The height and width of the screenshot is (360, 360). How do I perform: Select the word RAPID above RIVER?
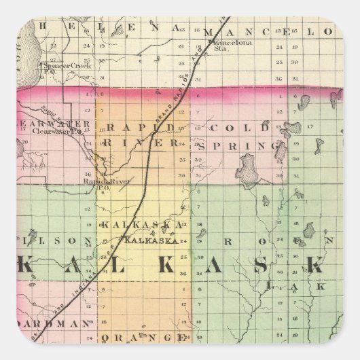pyautogui.click(x=139, y=126)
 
